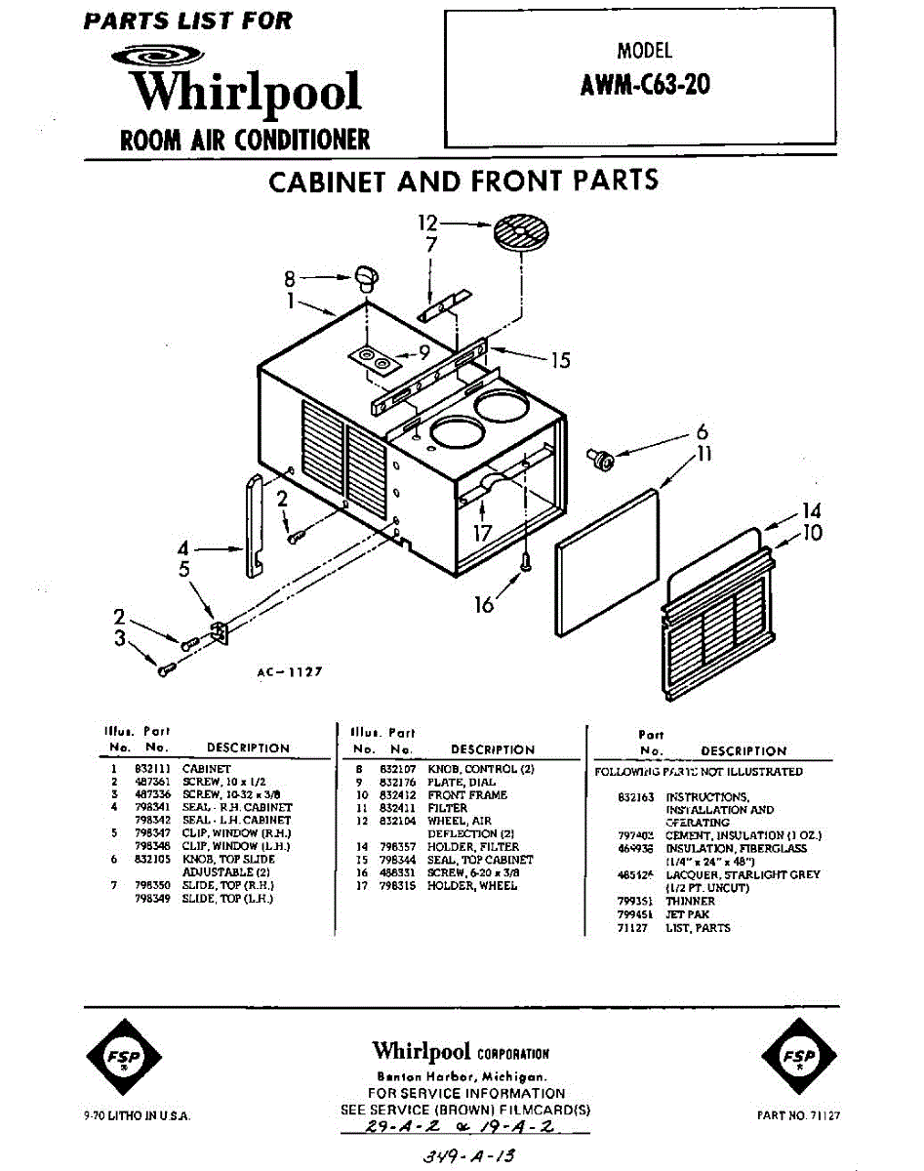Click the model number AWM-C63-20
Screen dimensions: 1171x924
645,85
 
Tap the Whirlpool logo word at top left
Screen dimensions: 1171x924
246,93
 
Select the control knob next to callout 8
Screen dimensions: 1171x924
365,276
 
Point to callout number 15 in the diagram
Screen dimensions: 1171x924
559,361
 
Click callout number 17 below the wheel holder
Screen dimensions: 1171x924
483,533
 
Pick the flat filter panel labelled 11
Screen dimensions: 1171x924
606,561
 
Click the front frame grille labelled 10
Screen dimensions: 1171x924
717,615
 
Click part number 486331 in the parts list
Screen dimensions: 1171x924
396,872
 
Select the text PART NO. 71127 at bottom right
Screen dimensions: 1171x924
798,1114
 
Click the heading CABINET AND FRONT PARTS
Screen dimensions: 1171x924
462,182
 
